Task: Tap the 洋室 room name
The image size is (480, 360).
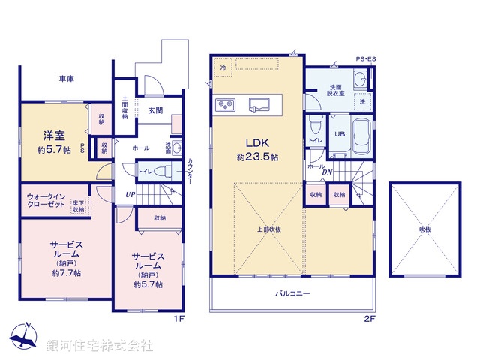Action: pyautogui.click(x=53, y=136)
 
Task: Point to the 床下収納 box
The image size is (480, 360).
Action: pyautogui.click(x=79, y=205)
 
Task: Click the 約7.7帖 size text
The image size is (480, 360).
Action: pyautogui.click(x=66, y=272)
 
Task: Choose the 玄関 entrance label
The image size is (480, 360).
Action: pyautogui.click(x=155, y=110)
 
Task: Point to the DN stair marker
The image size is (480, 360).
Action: pyautogui.click(x=327, y=172)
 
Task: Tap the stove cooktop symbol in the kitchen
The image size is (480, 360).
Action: pyautogui.click(x=226, y=103)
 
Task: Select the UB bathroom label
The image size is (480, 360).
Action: pyautogui.click(x=339, y=133)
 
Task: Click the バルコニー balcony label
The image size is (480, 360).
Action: pyautogui.click(x=292, y=293)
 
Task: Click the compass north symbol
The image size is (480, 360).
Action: pyautogui.click(x=24, y=337)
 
